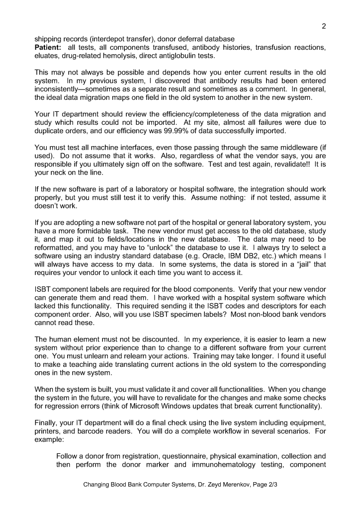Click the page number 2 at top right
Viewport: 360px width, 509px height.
(x=324, y=27)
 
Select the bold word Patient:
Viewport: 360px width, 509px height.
(x=48, y=47)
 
